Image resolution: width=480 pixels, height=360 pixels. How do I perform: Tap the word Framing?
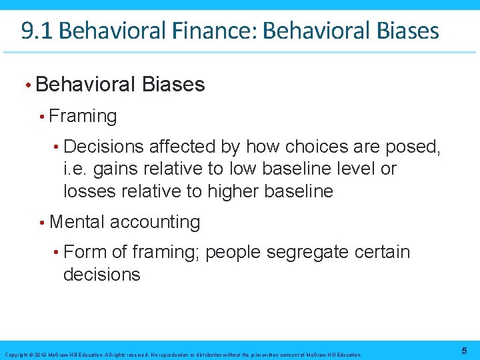(x=83, y=116)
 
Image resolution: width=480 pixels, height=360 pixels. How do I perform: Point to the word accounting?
(x=155, y=222)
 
